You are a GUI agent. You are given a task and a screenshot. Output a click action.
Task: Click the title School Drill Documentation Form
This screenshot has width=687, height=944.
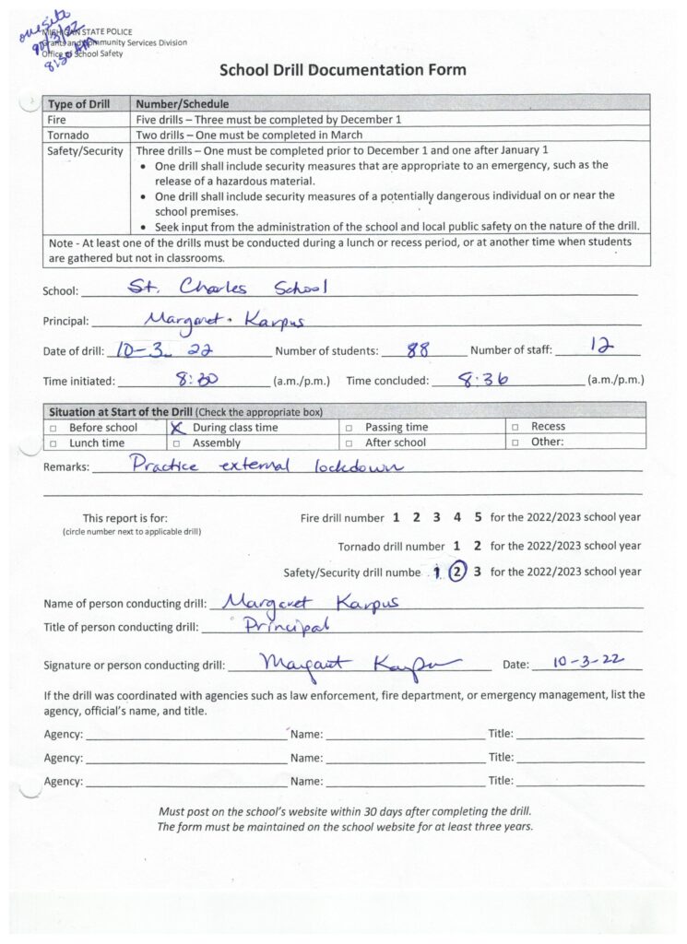tap(342, 70)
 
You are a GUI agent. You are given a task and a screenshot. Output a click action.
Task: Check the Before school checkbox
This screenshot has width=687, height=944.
tap(53, 429)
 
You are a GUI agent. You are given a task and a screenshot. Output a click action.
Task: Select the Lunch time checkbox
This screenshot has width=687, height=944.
tap(53, 443)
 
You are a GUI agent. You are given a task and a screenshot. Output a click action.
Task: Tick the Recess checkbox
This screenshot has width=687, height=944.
tap(516, 428)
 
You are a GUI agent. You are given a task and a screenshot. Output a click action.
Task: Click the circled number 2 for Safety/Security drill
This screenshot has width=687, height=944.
tap(457, 571)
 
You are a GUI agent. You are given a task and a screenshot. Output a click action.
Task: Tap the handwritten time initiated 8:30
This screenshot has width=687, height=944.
tap(195, 379)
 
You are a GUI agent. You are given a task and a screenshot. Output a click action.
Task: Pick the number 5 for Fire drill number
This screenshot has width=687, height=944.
tap(478, 517)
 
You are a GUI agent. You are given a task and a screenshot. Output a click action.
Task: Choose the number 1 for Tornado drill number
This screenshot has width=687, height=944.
tap(458, 545)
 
